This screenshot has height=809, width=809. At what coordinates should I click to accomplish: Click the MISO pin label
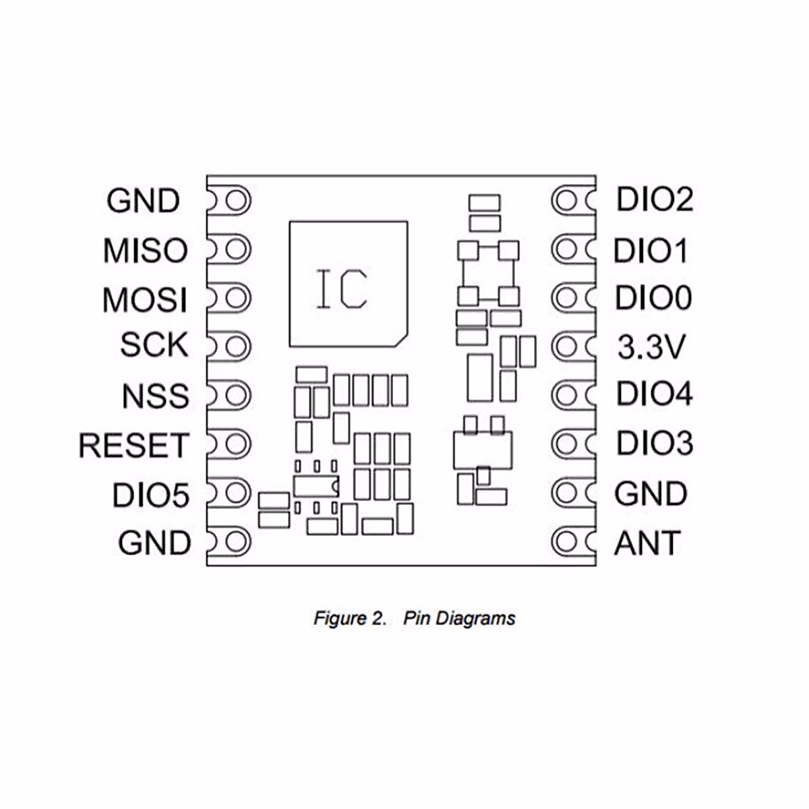(145, 251)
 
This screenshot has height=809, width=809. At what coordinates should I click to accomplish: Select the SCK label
(154, 345)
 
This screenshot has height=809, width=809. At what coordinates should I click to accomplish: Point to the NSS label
(155, 396)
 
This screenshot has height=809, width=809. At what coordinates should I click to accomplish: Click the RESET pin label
(133, 446)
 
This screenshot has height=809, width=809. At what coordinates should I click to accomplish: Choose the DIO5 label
(150, 496)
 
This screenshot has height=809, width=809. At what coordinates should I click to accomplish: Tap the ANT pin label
(647, 543)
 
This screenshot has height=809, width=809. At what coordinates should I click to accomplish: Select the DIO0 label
(653, 299)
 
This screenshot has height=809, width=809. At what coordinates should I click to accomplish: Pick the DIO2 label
(655, 200)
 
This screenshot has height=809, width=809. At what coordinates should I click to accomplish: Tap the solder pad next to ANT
(567, 541)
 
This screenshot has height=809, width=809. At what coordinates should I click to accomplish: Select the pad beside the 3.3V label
(567, 347)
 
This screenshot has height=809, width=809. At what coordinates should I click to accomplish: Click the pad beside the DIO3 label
(567, 444)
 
